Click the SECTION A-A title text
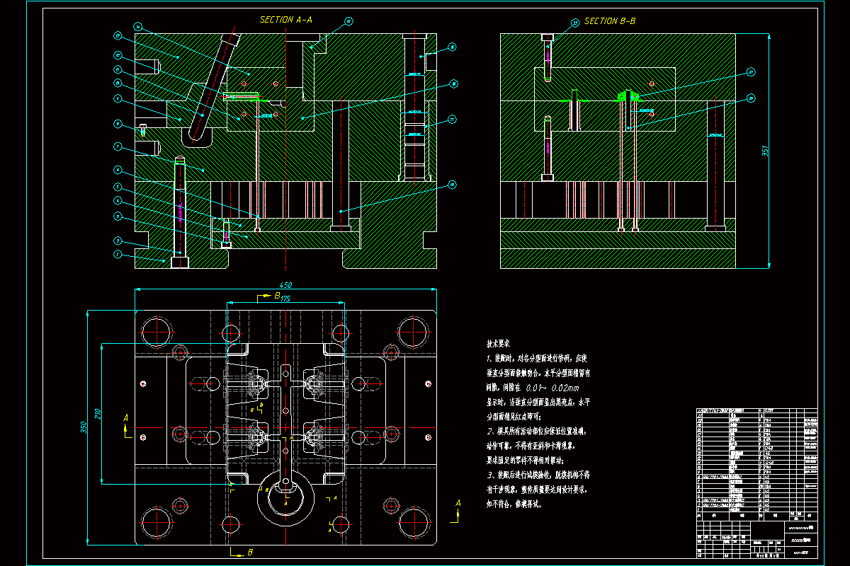[285, 20]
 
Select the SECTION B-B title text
[609, 21]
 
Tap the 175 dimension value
[285, 299]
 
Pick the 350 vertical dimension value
[84, 428]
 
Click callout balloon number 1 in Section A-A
[118, 254]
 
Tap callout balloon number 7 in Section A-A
[118, 147]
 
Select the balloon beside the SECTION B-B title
[574, 23]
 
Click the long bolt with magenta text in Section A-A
[180, 212]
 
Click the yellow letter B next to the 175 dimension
[277, 295]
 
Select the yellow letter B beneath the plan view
[250, 550]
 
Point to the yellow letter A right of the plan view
[458, 502]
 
